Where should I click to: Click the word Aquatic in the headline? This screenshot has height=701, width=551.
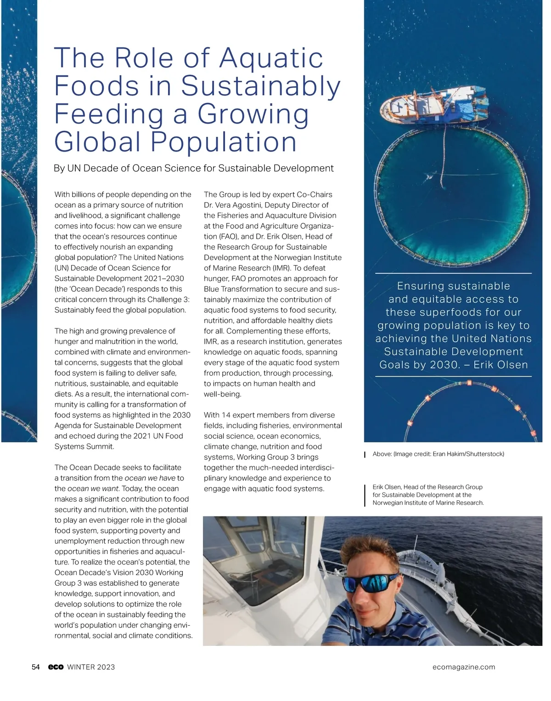271,58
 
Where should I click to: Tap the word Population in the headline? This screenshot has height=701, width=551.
224,142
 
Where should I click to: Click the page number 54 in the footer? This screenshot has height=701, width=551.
36,667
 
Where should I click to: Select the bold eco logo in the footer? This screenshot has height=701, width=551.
56,667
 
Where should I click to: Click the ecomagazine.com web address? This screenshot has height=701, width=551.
464,667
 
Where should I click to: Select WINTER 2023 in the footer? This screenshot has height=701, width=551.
91,667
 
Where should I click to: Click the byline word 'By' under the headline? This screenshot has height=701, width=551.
59,168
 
